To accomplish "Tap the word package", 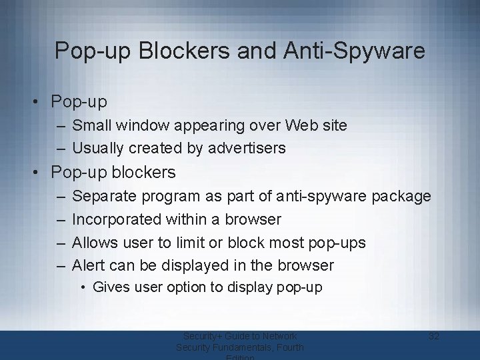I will pos(399,197).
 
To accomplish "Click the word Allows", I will pos(93,242).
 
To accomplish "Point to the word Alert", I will pos(89,265).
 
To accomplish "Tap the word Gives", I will pos(109,287).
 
